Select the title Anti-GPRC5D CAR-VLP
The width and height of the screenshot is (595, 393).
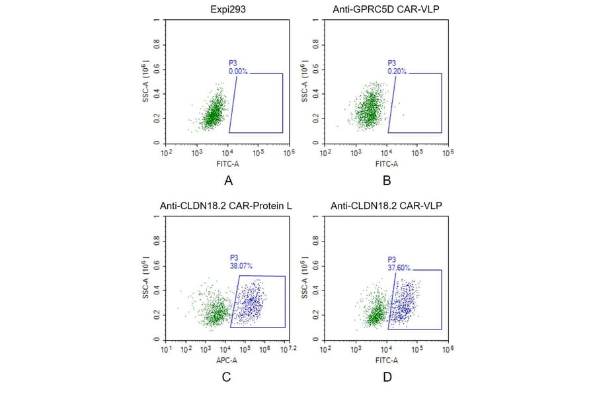386,9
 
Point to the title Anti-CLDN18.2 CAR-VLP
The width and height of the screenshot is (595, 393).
386,206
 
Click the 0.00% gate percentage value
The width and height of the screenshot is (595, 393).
238,71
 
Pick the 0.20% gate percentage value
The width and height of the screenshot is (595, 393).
397,71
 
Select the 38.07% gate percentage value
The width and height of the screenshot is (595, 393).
241,265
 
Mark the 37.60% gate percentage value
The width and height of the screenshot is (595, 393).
399,268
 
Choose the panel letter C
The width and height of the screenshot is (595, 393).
226,377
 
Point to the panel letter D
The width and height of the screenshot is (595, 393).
387,377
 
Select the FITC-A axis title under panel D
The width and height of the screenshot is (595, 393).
387,361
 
